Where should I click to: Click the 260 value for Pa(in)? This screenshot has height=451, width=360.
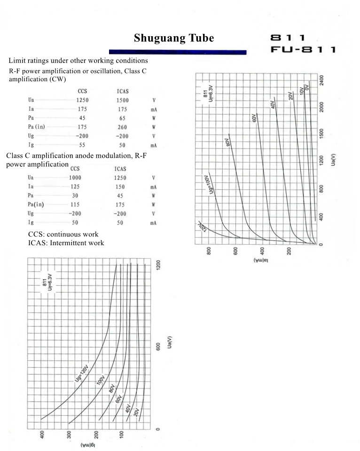[122, 127]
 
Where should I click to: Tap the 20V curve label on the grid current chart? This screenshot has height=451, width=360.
[136, 413]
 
